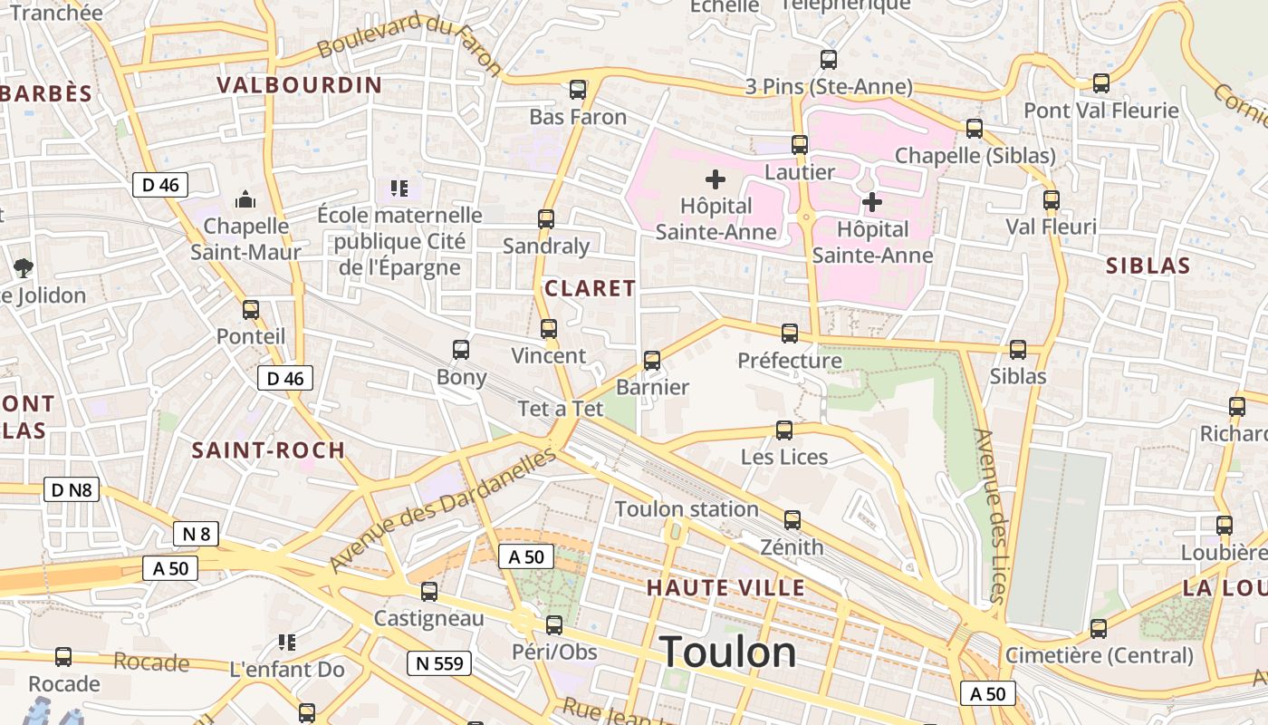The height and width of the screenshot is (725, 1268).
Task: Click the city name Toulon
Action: pos(728,652)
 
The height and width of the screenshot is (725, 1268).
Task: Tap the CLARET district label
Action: pos(590,288)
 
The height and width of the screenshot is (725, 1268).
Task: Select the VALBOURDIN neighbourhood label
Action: pos(299,85)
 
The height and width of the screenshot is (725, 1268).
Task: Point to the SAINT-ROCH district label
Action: pos(268,449)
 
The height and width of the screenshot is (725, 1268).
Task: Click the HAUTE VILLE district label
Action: pos(725,588)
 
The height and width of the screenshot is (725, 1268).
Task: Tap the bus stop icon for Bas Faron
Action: pos(578,90)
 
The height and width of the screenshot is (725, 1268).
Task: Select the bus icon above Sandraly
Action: pos(546,218)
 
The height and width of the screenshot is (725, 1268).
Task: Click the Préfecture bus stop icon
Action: pos(790,333)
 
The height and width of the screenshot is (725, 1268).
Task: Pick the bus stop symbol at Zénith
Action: pos(792,519)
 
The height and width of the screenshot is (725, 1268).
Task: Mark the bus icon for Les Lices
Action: pos(784,430)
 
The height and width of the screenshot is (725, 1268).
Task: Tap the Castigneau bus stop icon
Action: pos(429,591)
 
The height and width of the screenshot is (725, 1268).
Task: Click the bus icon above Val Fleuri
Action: pos(1051,199)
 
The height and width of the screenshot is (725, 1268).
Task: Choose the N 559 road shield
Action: pos(439,663)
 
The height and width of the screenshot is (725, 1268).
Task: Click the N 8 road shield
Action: pos(197,534)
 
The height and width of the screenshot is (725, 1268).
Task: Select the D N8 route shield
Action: pos(71,490)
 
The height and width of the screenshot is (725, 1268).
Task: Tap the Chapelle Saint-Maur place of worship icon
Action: pos(245,198)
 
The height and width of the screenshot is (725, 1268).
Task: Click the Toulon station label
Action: pos(687,508)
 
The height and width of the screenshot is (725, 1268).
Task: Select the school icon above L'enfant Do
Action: pos(287,643)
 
